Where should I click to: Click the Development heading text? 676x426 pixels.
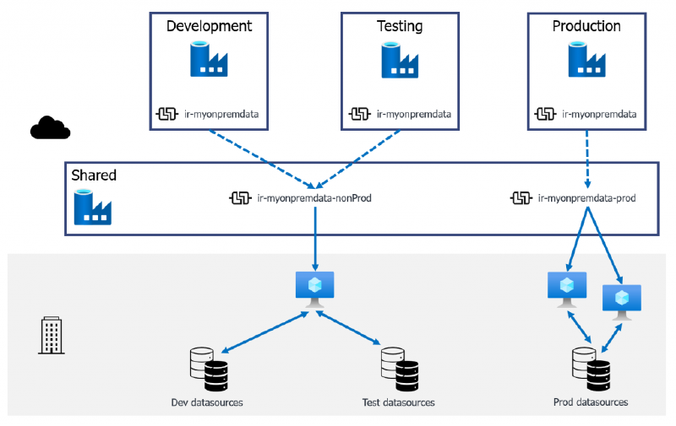(209, 26)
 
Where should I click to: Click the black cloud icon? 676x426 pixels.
(50, 127)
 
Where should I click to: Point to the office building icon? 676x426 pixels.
(52, 335)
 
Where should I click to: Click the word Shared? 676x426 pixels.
(93, 175)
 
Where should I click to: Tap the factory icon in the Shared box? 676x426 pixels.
(93, 208)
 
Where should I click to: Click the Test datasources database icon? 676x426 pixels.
(399, 369)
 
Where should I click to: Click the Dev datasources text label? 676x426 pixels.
(207, 402)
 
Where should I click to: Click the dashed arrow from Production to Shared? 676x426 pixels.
(586, 159)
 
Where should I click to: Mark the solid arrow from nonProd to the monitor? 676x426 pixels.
(314, 236)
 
